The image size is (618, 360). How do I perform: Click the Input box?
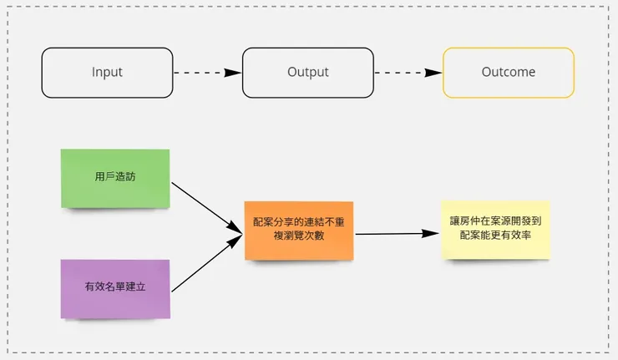(x=107, y=73)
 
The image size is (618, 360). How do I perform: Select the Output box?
(x=307, y=73)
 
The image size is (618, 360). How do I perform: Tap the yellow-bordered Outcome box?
(x=508, y=73)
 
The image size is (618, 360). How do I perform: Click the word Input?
(x=107, y=73)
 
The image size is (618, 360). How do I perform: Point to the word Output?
(x=307, y=73)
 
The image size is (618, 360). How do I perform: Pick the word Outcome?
(x=508, y=73)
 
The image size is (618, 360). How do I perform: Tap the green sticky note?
(x=115, y=178)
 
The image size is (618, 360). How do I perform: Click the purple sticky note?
(x=115, y=288)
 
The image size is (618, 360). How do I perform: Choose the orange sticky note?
(x=298, y=230)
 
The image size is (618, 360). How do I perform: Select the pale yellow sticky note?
(x=495, y=229)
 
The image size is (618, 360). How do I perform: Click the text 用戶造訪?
(x=115, y=177)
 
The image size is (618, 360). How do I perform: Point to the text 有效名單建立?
(x=115, y=287)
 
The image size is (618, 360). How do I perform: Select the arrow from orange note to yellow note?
(x=398, y=234)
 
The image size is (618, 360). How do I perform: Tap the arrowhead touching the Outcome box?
(x=434, y=73)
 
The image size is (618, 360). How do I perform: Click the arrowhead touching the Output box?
(x=235, y=73)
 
